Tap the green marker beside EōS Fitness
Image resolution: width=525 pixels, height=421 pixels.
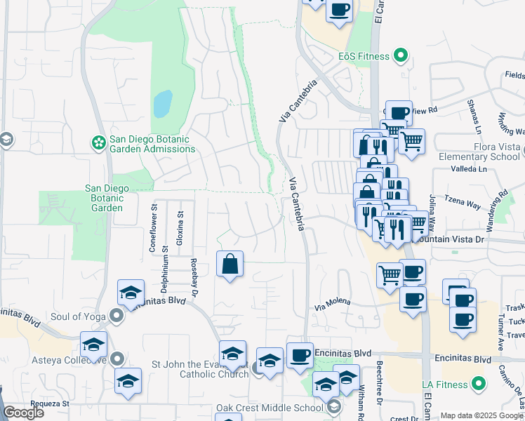coord(401,55)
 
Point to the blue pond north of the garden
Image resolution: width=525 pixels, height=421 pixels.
coord(163,104)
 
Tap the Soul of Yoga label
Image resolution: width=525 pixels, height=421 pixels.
coord(78,317)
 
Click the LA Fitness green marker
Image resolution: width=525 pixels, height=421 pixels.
coord(479,384)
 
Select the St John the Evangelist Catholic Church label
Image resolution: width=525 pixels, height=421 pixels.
coord(201,369)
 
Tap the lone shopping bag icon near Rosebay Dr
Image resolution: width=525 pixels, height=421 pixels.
coord(230,265)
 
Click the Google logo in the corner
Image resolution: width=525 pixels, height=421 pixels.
coord(23,413)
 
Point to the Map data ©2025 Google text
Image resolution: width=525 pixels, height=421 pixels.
coord(481,415)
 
